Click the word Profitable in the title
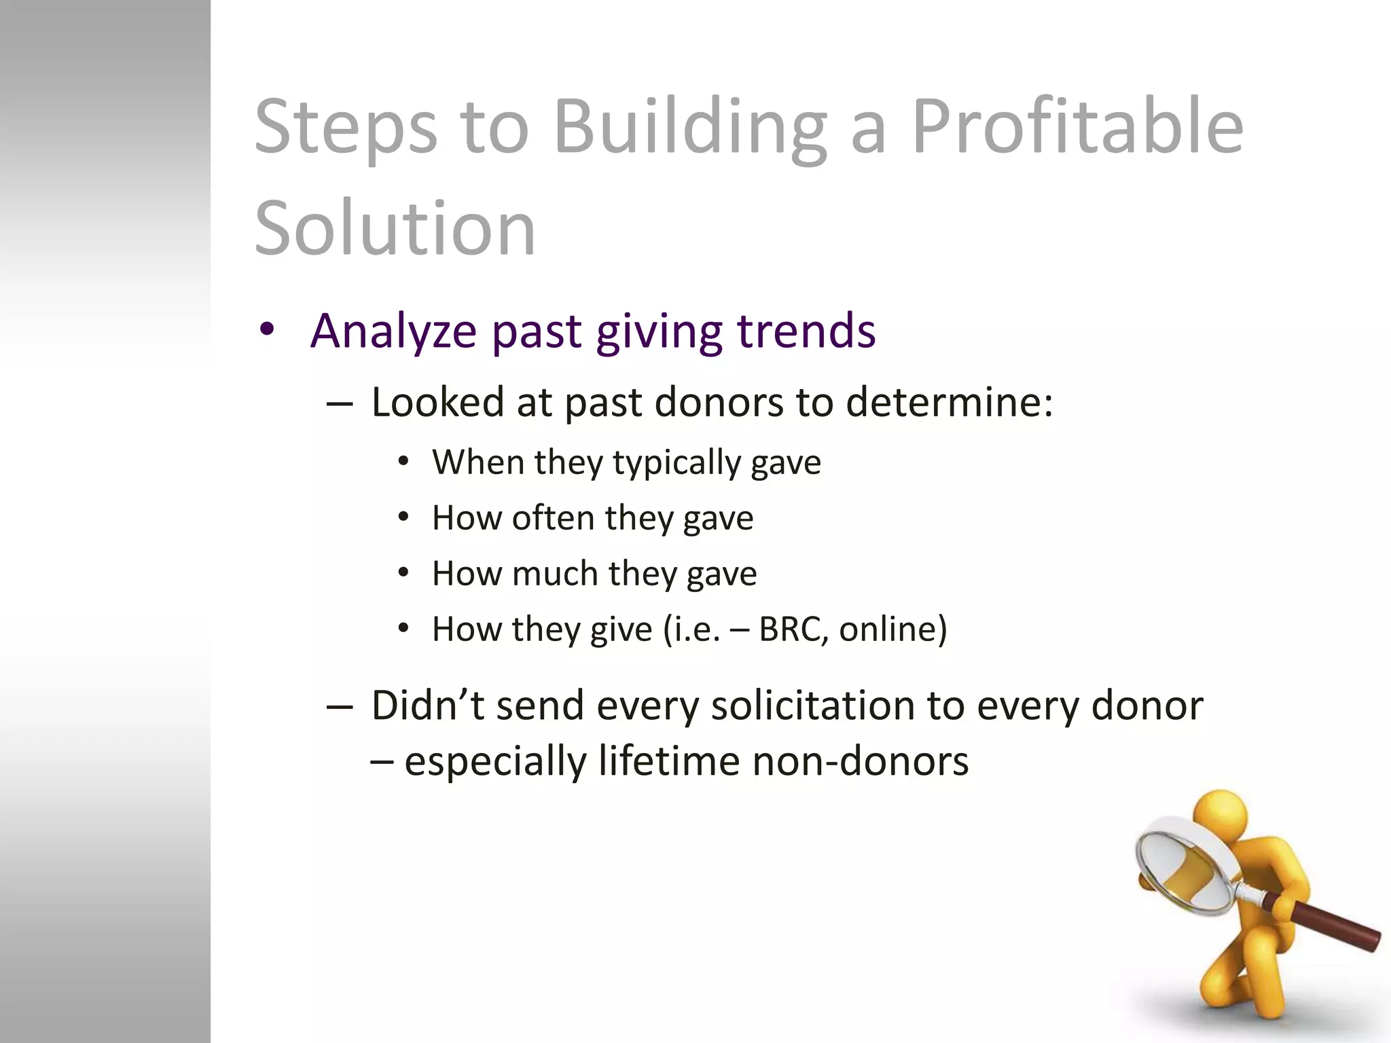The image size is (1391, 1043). [x=1077, y=127]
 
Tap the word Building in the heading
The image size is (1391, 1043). [x=690, y=127]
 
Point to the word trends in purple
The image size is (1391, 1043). [x=806, y=331]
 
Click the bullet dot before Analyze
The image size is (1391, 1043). [x=267, y=330]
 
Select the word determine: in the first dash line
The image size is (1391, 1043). [x=950, y=402]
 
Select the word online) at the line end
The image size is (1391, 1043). [x=892, y=629]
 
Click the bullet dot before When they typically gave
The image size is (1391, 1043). [x=404, y=462]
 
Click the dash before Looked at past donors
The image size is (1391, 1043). [x=339, y=403]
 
